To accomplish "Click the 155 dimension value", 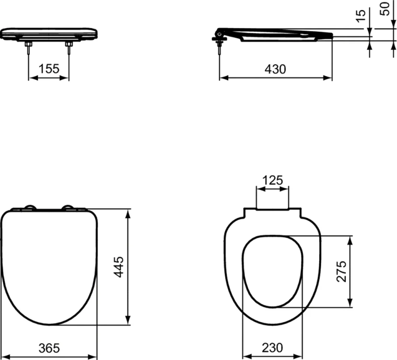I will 49,68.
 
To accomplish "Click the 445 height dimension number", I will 119,267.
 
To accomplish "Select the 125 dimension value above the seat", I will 272,181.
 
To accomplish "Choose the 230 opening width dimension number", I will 273,347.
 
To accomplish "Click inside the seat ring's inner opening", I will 273,271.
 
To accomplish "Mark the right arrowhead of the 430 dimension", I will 329,78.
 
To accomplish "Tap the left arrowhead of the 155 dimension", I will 31,78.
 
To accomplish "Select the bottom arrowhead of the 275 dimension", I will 349,304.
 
